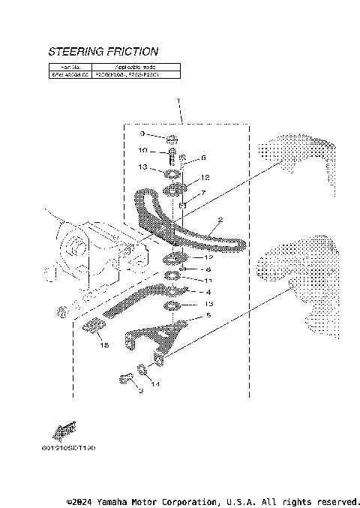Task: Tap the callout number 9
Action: [141, 134]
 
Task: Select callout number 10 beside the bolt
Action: [142, 150]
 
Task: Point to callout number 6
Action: [202, 158]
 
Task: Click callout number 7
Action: [202, 193]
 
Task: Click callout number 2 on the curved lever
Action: [220, 221]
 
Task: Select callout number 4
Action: [209, 292]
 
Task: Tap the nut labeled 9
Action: [171, 138]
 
